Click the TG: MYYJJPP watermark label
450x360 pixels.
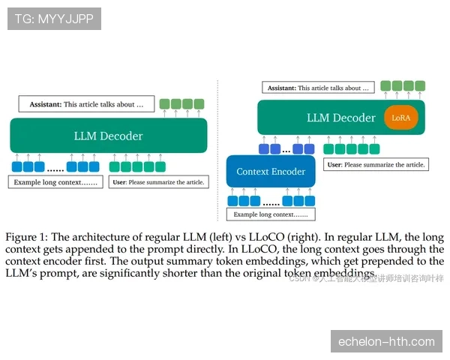(x=53, y=18)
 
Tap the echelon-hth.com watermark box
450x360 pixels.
(x=386, y=342)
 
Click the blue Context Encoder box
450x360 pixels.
(x=271, y=172)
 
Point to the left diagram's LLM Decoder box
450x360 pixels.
(x=108, y=136)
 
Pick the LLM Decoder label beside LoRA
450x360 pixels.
(x=340, y=118)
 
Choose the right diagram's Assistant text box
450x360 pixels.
(x=318, y=88)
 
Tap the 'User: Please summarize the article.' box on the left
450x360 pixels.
(x=157, y=182)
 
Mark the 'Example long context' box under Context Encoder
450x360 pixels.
(x=270, y=215)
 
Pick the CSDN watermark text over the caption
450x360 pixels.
(x=366, y=279)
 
